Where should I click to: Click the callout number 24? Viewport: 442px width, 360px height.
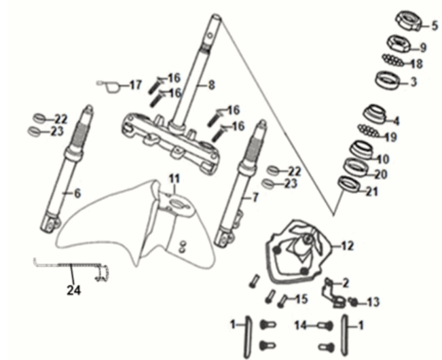pos(74,290)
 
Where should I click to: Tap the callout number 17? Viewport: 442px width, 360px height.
pos(135,85)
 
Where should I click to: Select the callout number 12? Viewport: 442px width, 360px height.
pos(347,246)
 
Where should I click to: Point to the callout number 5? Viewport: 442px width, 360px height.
pos(435,26)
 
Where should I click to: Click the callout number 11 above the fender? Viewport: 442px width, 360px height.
pos(174,179)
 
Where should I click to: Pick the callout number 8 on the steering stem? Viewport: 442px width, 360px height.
pos(211,85)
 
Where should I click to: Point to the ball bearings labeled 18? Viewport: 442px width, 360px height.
pos(393,60)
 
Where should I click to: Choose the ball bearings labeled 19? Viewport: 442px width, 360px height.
pos(369,131)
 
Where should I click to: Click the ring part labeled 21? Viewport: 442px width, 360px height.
pos(350,185)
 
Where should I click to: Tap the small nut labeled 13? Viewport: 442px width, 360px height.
pos(353,302)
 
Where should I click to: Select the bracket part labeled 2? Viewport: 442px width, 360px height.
pos(333,293)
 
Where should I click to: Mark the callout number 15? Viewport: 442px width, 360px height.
pos(301,299)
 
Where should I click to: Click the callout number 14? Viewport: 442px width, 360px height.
pos(300,325)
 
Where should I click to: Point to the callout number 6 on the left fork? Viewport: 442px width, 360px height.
pos(77,194)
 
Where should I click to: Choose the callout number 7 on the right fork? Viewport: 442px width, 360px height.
pos(255,198)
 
